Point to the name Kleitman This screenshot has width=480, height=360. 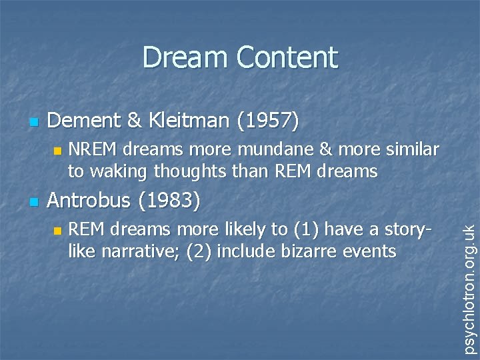click(183, 121)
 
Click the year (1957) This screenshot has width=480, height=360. click(265, 121)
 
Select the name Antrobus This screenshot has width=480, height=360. click(91, 199)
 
